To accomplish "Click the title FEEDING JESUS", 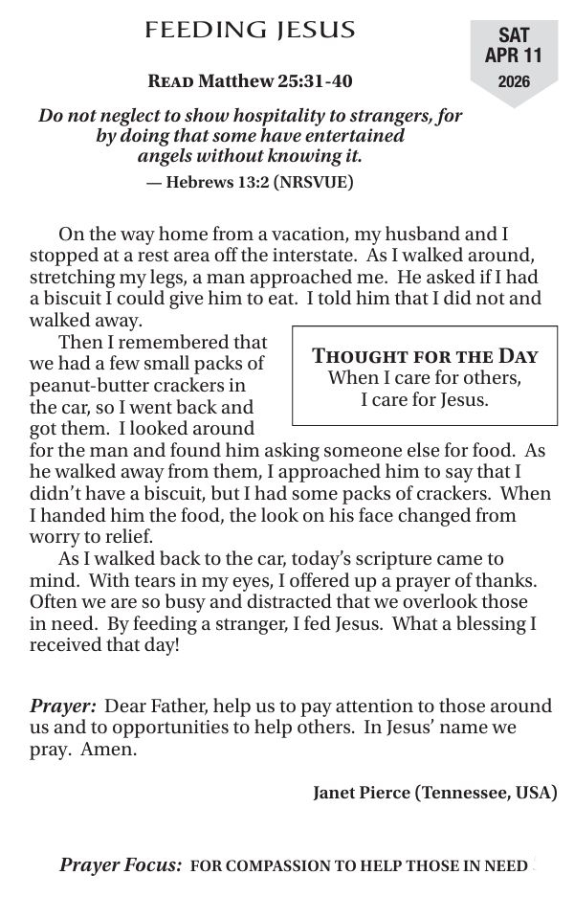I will click(x=249, y=31).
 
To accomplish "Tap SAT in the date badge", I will click(x=514, y=36).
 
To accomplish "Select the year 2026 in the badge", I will click(x=514, y=82).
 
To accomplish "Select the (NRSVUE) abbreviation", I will click(x=313, y=181).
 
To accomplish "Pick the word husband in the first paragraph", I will click(x=438, y=234).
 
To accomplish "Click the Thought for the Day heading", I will click(x=425, y=356).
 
